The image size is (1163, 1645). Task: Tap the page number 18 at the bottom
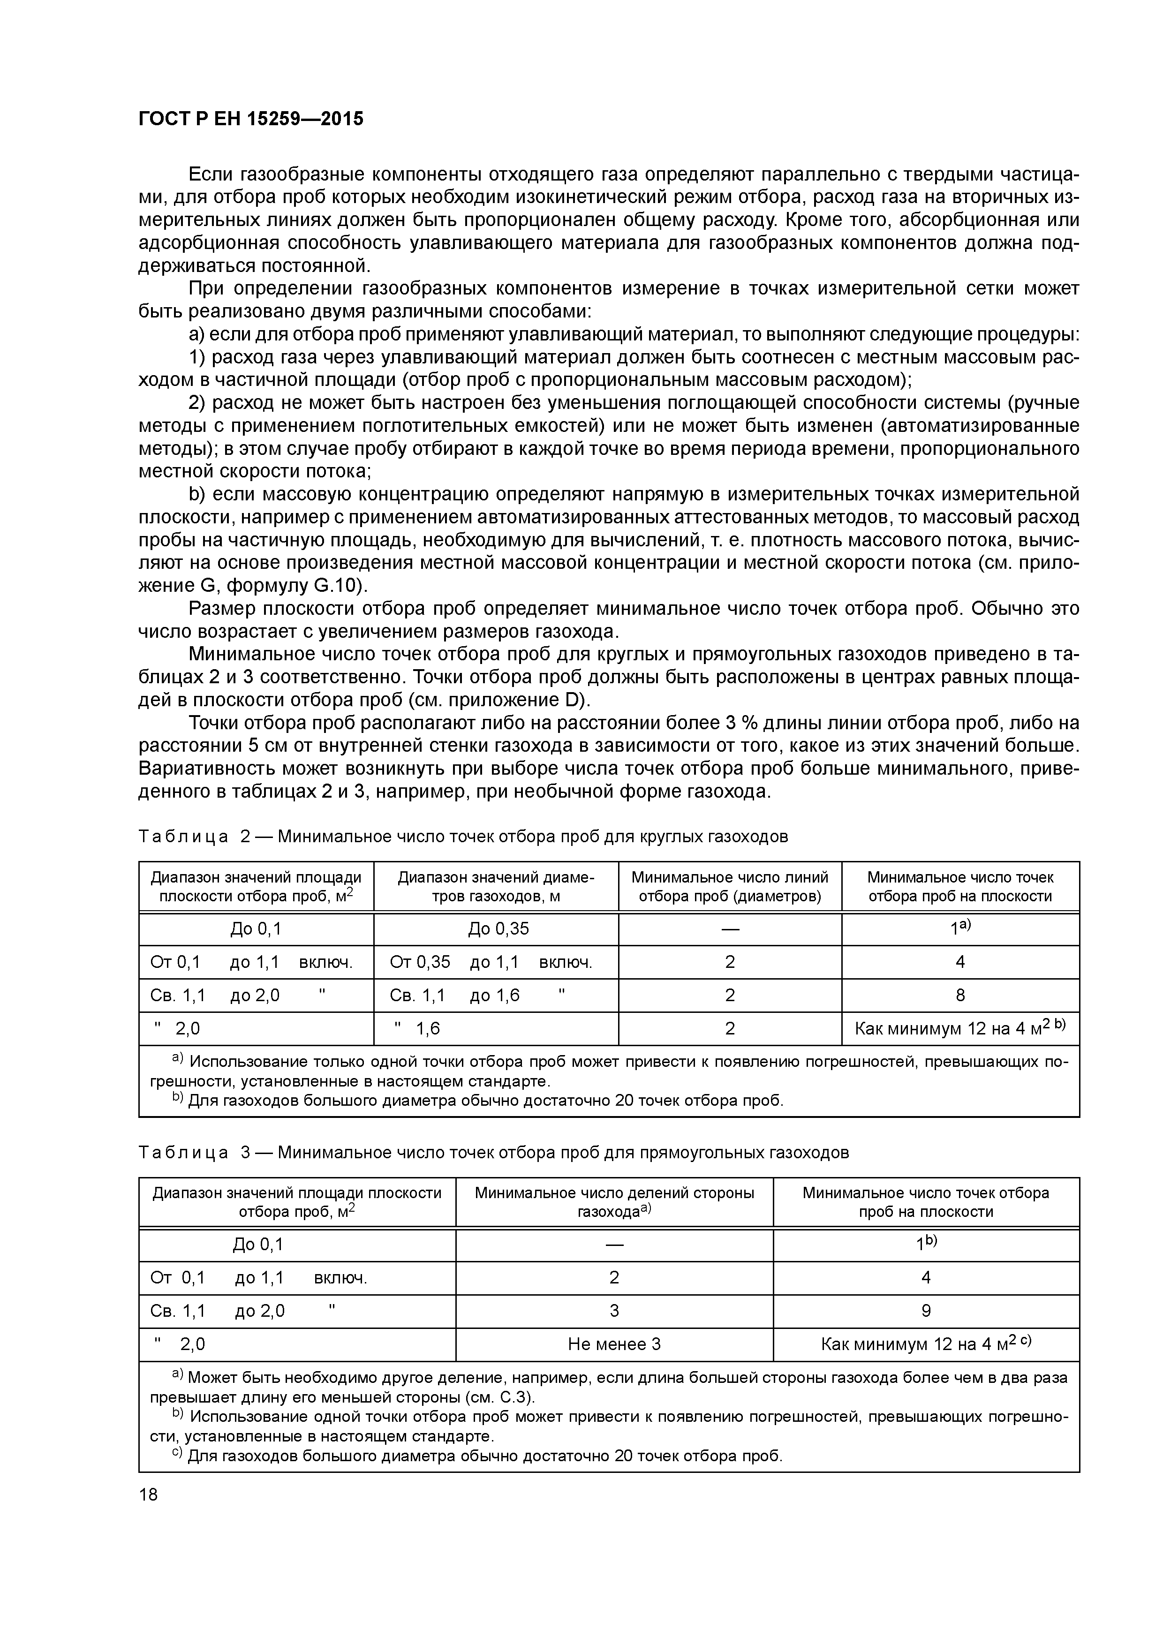[x=148, y=1494]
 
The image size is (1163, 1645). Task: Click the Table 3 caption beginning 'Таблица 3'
[x=493, y=1152]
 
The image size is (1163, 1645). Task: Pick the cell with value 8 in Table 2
[x=960, y=995]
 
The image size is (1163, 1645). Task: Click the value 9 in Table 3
[x=926, y=1311]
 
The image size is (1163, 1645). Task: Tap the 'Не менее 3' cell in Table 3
[x=614, y=1344]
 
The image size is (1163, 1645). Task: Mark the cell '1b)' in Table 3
[x=926, y=1245]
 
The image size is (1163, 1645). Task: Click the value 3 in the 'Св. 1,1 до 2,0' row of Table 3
[x=614, y=1311]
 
